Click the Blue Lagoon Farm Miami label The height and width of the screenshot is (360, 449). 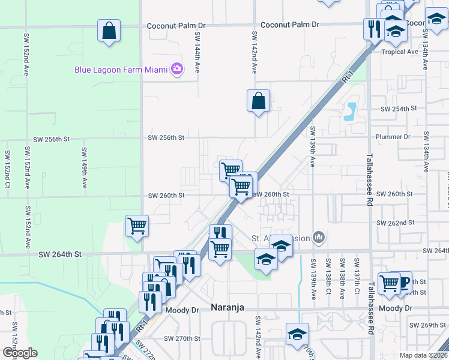(x=121, y=70)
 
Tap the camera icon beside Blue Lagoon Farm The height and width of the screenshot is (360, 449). (x=176, y=69)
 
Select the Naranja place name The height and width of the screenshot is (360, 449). (x=228, y=307)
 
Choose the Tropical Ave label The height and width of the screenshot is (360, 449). (x=400, y=52)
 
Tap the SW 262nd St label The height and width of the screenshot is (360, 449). (x=396, y=223)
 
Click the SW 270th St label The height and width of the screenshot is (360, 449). (x=179, y=338)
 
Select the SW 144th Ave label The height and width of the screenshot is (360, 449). (x=196, y=53)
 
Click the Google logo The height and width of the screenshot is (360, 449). (x=19, y=353)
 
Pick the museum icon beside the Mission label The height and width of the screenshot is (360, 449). (x=319, y=238)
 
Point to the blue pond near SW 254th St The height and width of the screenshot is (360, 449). (x=350, y=110)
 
